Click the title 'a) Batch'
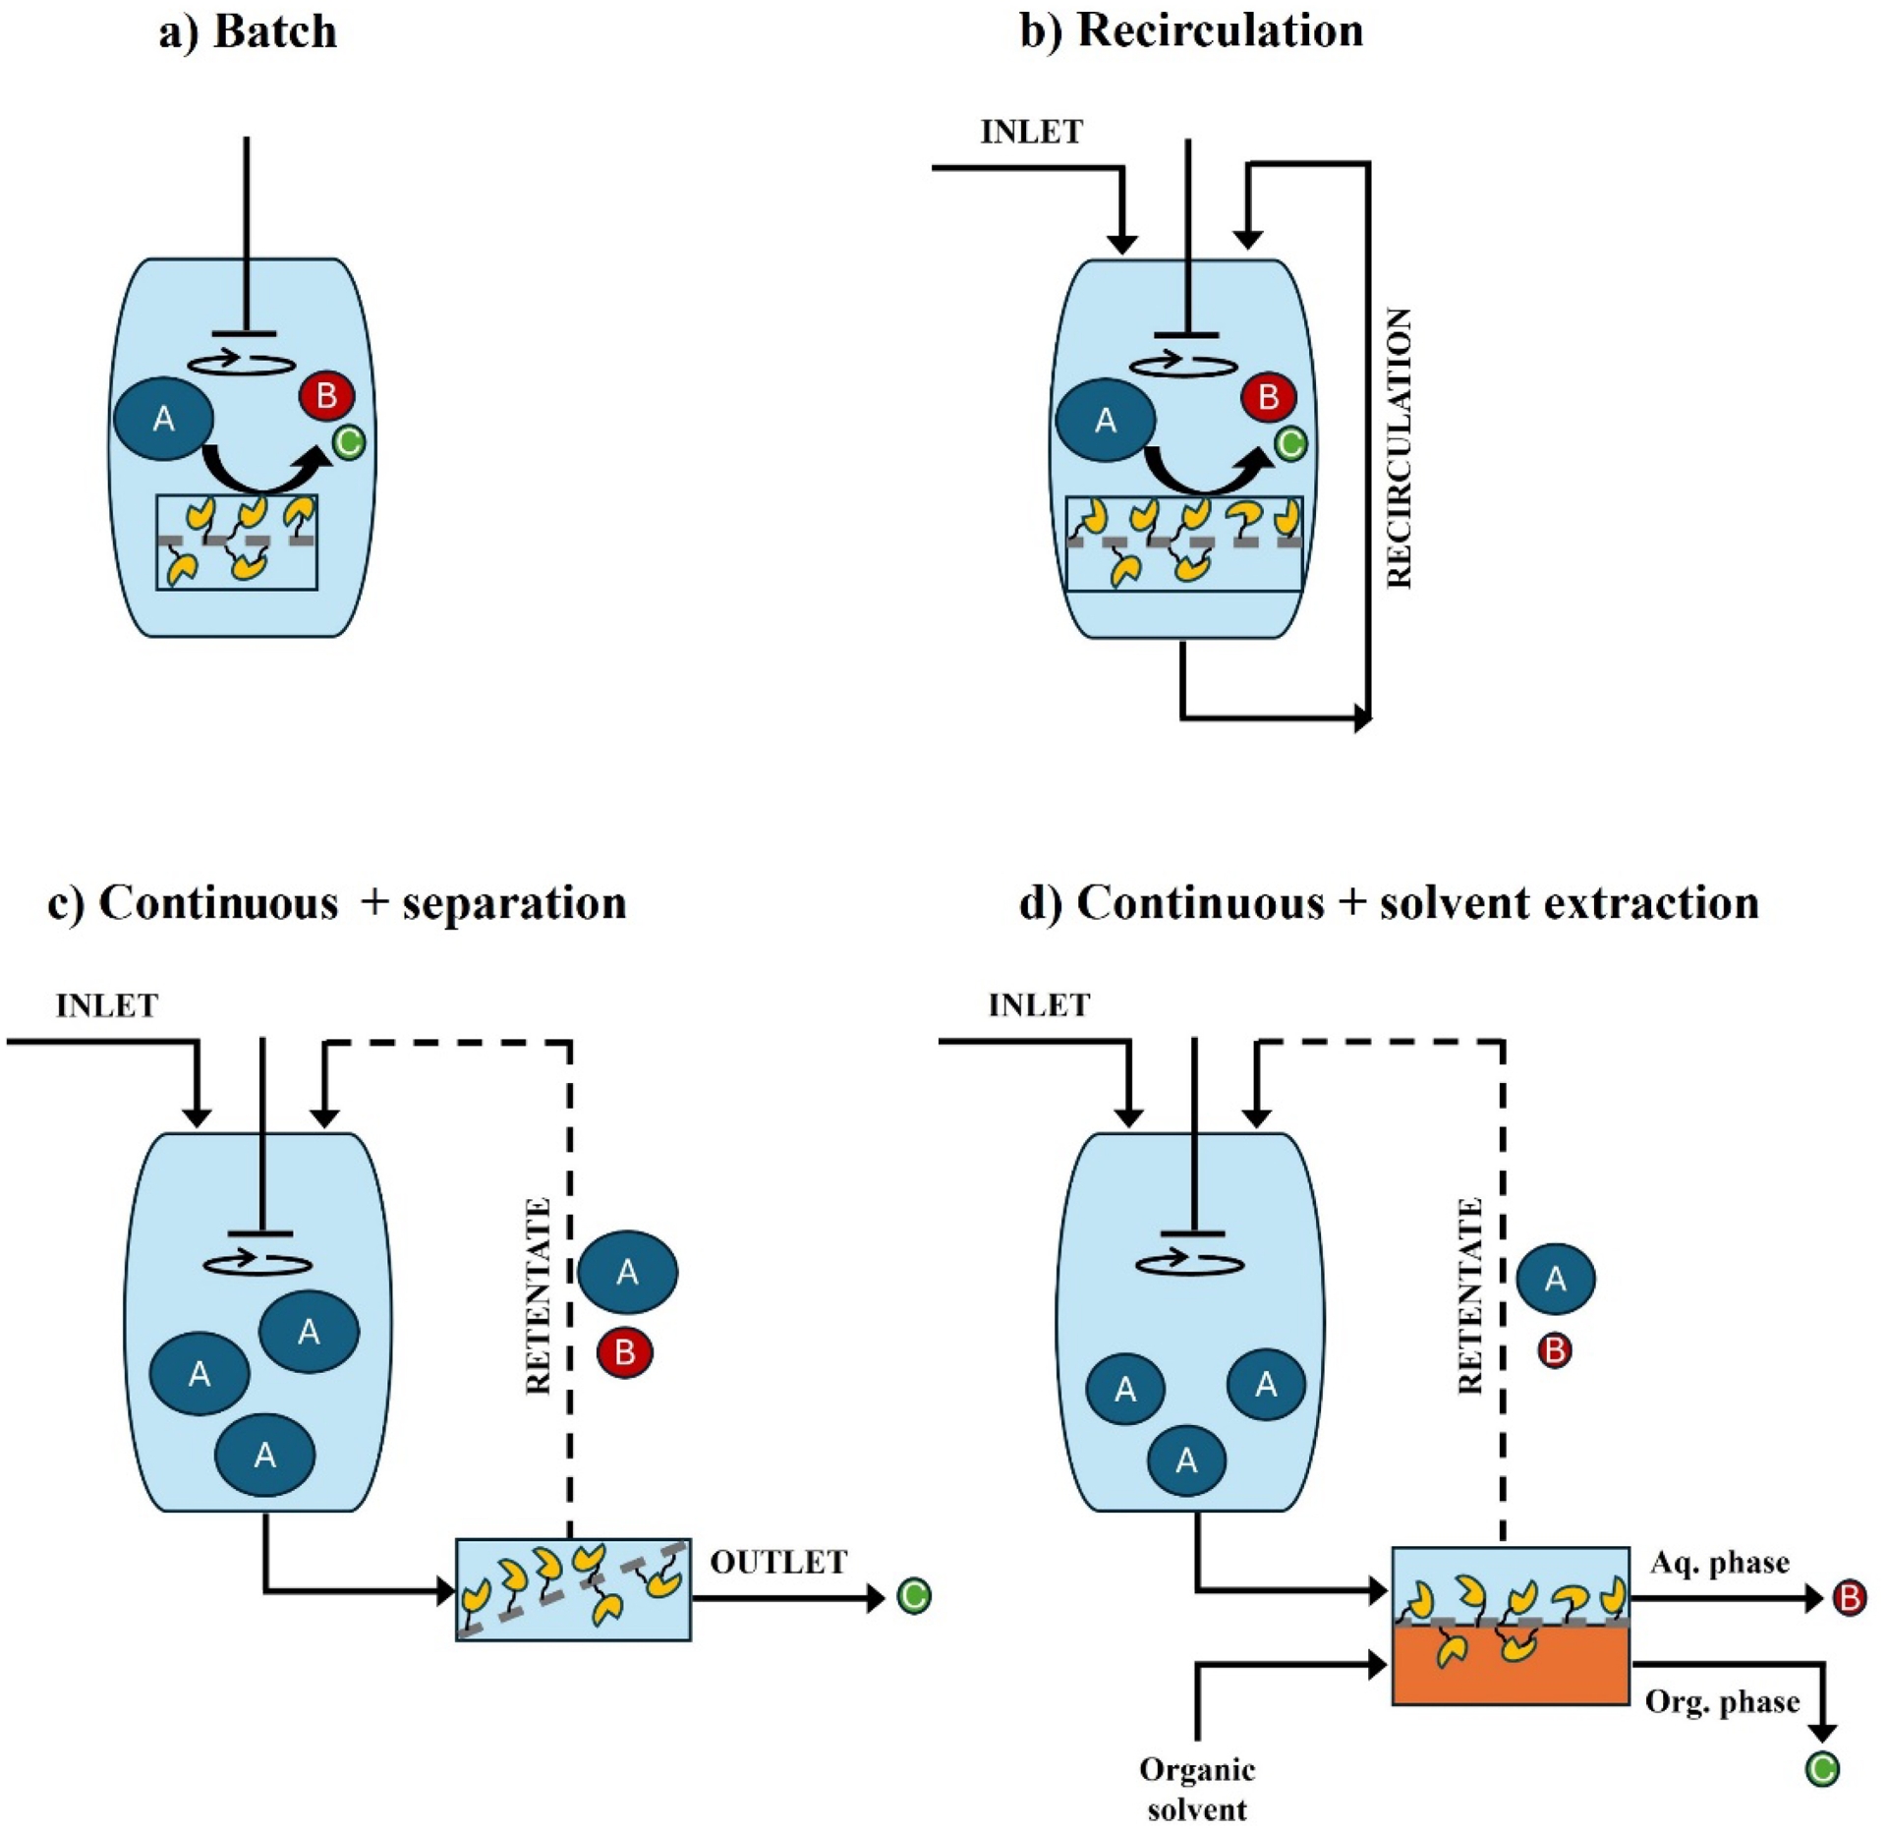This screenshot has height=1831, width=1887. pos(248,31)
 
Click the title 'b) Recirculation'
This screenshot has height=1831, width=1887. pos(1191,31)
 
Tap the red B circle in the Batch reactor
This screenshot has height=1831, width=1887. pos(326,396)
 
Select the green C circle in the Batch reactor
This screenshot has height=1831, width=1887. pos(349,442)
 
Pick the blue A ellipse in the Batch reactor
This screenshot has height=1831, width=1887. pos(164,419)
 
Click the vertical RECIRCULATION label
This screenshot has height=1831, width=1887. pos(1399,448)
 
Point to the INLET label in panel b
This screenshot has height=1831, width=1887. pos(1031,132)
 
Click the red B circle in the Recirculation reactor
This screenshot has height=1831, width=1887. pos(1269,397)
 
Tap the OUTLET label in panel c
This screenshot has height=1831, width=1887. pos(778,1563)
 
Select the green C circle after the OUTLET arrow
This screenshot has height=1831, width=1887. pos(914,1596)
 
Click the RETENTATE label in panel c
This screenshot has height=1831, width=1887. pos(538,1295)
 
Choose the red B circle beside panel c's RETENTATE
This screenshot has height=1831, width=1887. pos(625,1353)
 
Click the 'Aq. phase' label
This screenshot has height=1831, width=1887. pos(1720,1563)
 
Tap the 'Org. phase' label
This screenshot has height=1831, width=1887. pos(1722,1702)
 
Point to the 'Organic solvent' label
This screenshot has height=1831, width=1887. pos(1197,1789)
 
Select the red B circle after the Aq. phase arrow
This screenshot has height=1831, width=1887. pos(1850,1599)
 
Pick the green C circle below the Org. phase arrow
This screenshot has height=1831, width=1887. pos(1822,1770)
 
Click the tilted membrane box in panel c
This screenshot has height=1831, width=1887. pos(573,1590)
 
